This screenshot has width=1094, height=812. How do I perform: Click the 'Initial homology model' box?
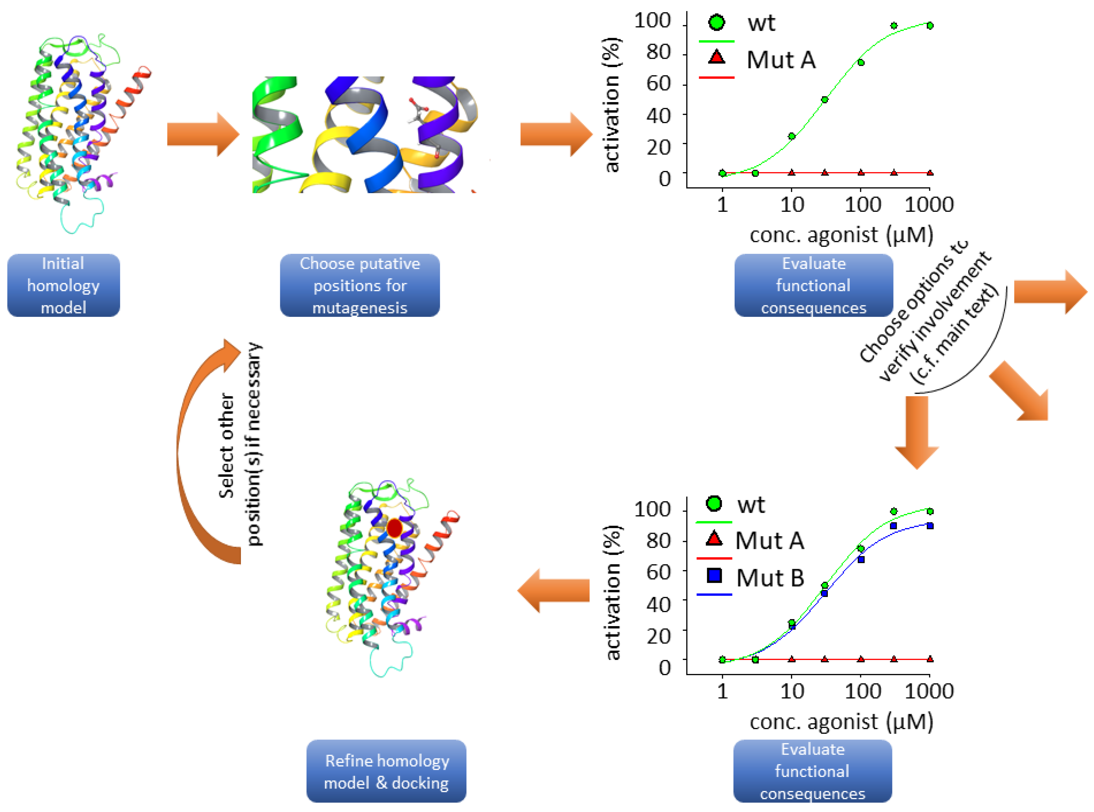pos(63,285)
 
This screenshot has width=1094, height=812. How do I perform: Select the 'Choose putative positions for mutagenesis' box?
pos(360,285)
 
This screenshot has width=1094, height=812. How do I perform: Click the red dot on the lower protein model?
pos(394,528)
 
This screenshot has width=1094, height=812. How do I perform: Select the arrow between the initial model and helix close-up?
pos(203,134)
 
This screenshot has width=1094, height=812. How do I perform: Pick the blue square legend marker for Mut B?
pos(714,575)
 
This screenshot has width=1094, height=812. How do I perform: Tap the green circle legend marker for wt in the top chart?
pos(717,22)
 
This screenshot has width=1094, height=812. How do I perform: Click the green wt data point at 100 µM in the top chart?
pos(861,62)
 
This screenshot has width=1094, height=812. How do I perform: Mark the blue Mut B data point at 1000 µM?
pos(930,526)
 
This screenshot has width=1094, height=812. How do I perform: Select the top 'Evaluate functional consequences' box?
pos(813,285)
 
